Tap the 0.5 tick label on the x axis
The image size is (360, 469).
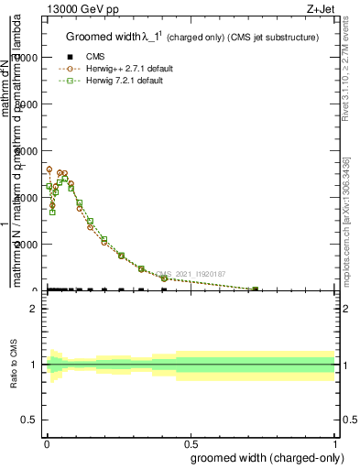tap(191, 442)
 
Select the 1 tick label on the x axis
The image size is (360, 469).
tap(335, 442)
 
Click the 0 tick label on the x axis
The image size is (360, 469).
tap(46, 442)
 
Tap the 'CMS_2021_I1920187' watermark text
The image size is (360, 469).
tap(190, 273)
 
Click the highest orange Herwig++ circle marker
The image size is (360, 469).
tap(49, 169)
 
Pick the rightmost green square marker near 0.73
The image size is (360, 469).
tap(256, 289)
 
